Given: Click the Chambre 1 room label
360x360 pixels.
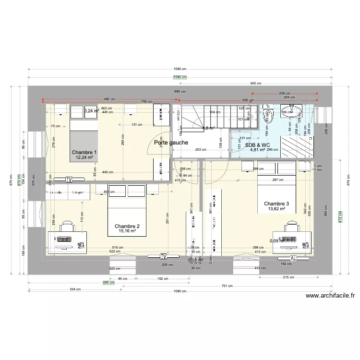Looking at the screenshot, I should [86, 153].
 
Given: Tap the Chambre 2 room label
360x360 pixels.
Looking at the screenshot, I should [127, 226].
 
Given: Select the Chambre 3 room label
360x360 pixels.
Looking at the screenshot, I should [276, 204].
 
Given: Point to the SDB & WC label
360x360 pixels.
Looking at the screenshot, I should [257, 144].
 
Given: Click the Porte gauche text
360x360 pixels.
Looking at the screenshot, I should [171, 143].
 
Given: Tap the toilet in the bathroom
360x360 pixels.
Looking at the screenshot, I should [268, 114].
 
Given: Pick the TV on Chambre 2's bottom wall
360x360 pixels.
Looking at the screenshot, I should [163, 256].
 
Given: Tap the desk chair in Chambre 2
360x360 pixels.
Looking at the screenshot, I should [68, 226].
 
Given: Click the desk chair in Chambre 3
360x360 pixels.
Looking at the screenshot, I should [292, 226].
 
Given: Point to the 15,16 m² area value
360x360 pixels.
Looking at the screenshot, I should [127, 231].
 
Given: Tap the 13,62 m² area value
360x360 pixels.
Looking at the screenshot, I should [276, 209].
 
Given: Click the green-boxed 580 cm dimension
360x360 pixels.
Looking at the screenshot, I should [108, 283].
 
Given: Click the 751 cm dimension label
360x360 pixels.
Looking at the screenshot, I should [228, 286].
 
